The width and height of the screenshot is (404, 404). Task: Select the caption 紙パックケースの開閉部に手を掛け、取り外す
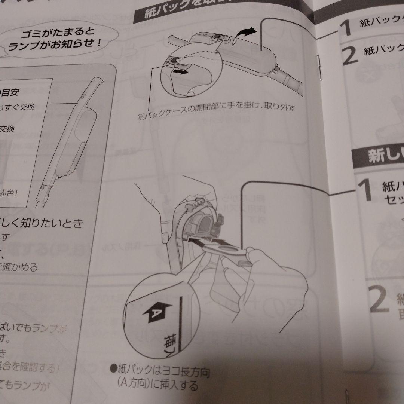pos(216,112)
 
